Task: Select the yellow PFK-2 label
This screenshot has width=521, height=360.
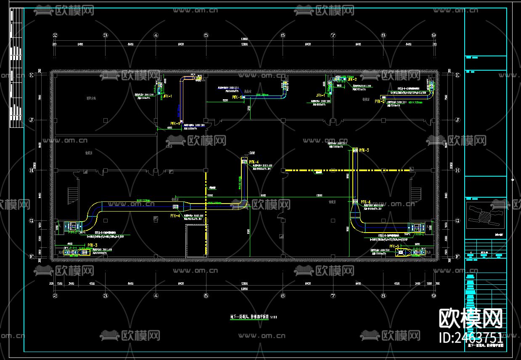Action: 380,101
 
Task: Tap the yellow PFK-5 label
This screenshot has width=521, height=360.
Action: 394,246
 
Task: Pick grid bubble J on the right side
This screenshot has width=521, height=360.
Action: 458,120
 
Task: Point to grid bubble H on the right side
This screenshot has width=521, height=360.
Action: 458,170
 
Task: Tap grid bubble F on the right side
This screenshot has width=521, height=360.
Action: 458,256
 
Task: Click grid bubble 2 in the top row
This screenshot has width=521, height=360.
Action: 55,35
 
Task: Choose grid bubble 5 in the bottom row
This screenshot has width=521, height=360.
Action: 206,296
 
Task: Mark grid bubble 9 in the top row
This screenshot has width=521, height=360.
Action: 434,35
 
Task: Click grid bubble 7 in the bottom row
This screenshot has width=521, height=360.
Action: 333,296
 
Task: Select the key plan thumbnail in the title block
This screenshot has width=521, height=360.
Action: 485,213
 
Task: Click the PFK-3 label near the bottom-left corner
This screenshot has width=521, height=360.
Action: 93,245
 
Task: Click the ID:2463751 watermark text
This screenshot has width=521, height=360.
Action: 471,337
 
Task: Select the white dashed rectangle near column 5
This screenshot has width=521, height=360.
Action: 196,241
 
